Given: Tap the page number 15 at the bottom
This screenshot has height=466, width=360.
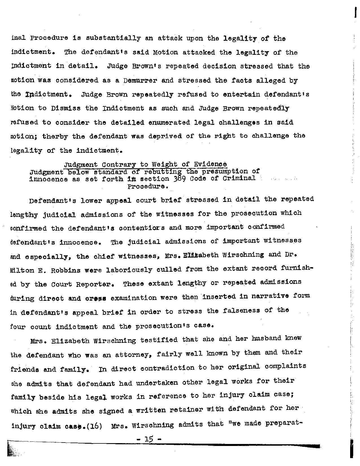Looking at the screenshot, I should click(x=148, y=440).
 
